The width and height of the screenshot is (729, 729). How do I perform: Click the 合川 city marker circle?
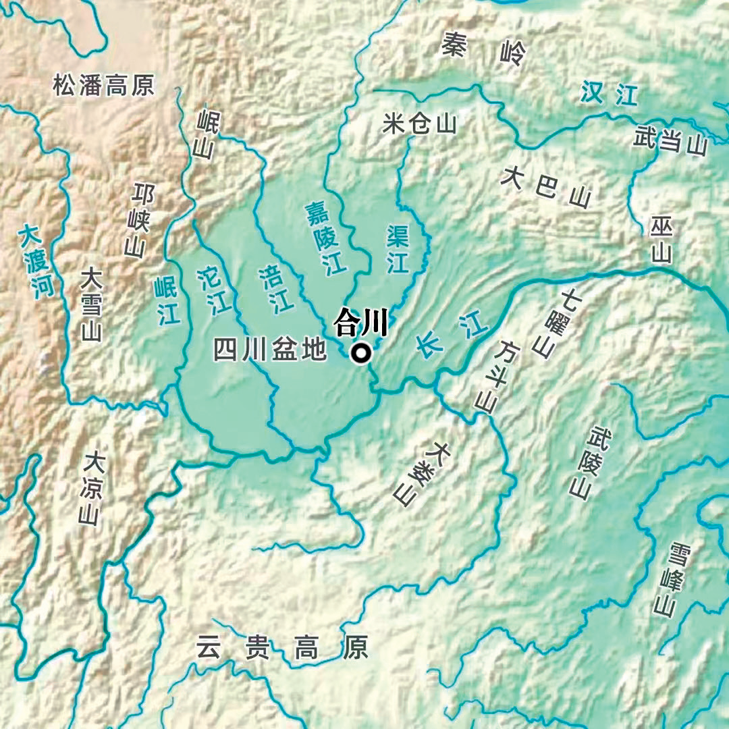(362, 353)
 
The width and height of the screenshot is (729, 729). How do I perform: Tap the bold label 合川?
(361, 323)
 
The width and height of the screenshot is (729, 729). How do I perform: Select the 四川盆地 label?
(270, 350)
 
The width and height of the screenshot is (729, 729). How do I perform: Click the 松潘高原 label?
(104, 85)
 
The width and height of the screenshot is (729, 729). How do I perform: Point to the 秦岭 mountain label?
(483, 49)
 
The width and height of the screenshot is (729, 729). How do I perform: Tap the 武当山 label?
(670, 142)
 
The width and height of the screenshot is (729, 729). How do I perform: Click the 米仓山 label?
(419, 124)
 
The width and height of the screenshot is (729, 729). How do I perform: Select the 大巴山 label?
(546, 186)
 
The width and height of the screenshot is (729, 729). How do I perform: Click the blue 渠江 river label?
(398, 249)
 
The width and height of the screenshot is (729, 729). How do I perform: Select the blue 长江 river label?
(451, 336)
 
